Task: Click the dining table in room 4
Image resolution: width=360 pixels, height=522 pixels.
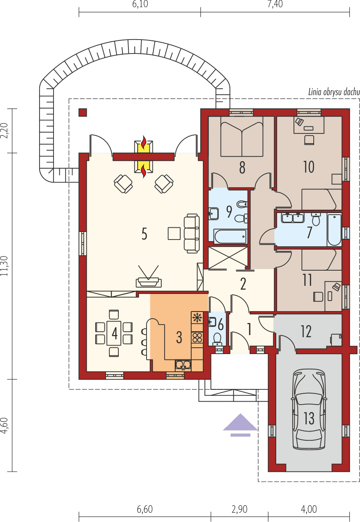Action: coord(114,333)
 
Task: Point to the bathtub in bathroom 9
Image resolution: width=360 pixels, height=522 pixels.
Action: coord(230,237)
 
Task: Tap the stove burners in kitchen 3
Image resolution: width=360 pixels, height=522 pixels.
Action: coord(197,337)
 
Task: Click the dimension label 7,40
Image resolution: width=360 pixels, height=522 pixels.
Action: coord(275,5)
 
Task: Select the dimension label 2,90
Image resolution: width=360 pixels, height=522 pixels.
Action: coord(239,509)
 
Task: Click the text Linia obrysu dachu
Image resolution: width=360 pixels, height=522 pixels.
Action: coord(333,92)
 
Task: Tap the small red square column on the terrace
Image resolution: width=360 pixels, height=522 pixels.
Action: coord(83,112)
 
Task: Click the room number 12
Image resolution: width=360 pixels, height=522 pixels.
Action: coord(306,331)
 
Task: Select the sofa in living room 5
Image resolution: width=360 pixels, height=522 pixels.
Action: coord(192,233)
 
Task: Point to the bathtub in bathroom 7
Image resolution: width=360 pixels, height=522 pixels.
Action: coord(334,229)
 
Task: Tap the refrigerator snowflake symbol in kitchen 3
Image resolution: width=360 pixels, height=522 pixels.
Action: coord(197,317)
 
